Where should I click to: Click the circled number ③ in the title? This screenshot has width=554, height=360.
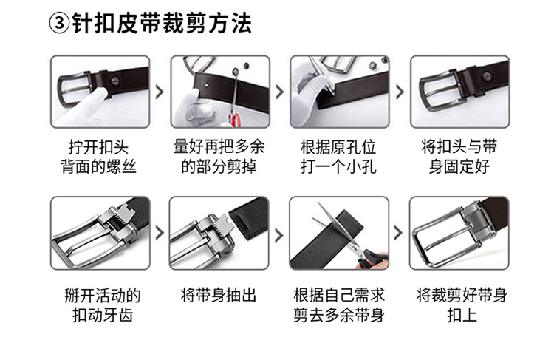58,24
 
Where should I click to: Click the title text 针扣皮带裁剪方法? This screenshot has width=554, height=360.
162,24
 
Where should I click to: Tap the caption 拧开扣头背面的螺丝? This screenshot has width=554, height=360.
98,157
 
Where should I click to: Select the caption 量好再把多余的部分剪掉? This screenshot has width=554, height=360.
219,157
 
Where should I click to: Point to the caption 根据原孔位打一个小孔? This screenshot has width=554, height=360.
338,157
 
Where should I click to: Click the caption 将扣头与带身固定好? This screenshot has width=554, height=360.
459,157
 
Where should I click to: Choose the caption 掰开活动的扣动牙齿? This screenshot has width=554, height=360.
103,305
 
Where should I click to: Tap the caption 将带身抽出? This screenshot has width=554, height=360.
219,295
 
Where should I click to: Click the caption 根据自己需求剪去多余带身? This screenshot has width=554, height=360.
339,305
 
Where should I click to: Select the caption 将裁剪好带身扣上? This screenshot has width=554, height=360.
462,305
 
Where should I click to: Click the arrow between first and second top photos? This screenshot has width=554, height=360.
160,92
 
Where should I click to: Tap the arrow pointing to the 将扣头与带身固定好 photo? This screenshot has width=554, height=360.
400,92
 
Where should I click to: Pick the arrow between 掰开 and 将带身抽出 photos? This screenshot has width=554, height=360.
160,233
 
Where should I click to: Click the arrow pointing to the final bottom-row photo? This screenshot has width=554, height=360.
399,233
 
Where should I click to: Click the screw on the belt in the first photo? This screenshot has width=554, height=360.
115,81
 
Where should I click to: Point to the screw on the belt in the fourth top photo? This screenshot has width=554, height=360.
488,75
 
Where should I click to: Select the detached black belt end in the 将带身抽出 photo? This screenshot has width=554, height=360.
250,215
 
